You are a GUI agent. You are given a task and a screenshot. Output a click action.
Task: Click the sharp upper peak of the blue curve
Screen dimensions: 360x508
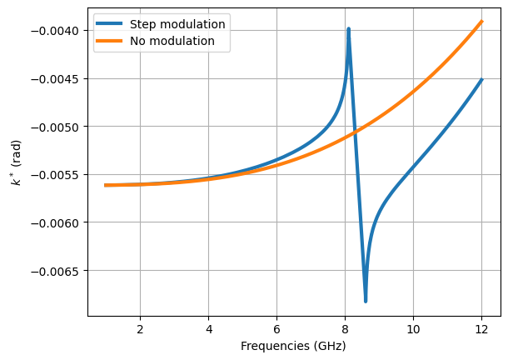point(348,29)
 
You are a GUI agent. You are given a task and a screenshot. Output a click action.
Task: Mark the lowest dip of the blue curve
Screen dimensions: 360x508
point(366,301)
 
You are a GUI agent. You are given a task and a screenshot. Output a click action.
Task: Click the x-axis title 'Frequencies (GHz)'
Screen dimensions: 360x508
point(293,346)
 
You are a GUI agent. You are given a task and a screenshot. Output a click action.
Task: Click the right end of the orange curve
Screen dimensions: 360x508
point(481,22)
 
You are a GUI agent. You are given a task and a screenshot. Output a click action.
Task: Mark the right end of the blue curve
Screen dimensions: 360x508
point(481,80)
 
